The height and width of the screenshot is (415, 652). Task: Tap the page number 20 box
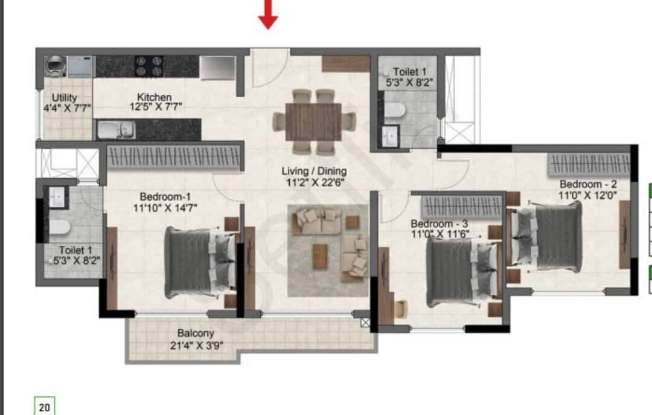(x=45, y=407)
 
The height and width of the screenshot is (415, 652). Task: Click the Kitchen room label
(x=155, y=97)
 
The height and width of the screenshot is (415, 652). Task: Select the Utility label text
(x=64, y=97)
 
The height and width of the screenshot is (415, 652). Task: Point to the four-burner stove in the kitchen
(x=149, y=65)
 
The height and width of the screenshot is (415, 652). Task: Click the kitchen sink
(x=115, y=129)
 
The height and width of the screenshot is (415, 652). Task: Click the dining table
(x=313, y=121)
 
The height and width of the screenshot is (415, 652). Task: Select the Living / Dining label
(x=314, y=172)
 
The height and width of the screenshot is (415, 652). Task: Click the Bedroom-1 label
(x=165, y=196)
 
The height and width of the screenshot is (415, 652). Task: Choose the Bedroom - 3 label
(x=439, y=223)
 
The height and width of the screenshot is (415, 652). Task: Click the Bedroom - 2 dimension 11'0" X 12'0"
(x=588, y=195)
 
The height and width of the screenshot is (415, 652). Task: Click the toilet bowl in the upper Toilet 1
(x=395, y=109)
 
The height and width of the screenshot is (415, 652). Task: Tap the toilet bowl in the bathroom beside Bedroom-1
(x=59, y=228)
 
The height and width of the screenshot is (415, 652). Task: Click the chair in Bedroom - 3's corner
(x=400, y=309)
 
